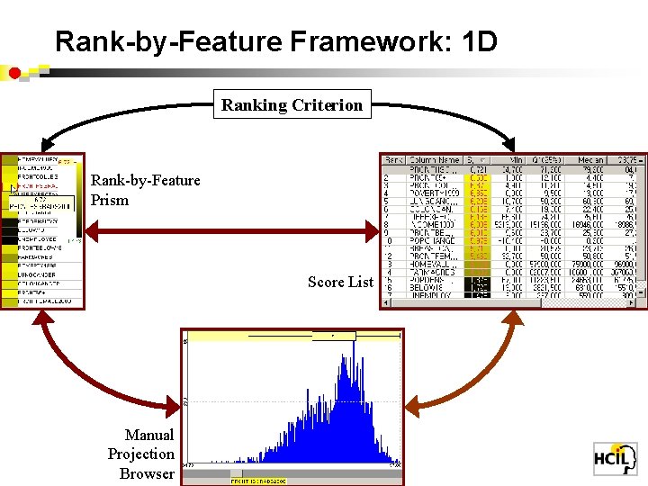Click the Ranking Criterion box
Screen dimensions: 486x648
pos(292,105)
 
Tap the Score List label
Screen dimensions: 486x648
pos(340,282)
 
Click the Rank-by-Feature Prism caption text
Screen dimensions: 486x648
pos(145,190)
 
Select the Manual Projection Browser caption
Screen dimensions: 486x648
pos(140,454)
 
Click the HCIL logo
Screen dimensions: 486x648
pos(615,458)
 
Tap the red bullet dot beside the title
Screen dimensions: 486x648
pos(15,72)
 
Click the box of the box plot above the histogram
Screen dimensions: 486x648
pos(334,336)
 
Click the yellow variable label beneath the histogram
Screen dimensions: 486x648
pos(257,481)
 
